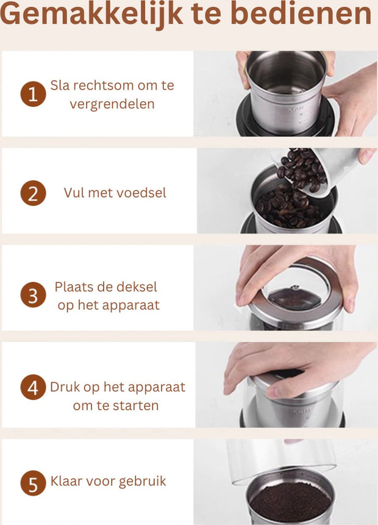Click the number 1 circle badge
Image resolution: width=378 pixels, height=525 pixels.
33,95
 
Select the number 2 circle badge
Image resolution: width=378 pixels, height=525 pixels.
33,193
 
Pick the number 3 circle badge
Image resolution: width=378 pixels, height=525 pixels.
33,296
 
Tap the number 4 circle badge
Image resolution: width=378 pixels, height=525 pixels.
33,387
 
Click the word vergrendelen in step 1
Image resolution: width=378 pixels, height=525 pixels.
112,104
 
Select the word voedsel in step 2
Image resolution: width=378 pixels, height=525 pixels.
143,193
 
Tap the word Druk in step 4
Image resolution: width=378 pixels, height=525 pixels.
64,387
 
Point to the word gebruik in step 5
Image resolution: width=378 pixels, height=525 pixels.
143,482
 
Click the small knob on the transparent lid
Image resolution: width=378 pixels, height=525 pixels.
294,288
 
